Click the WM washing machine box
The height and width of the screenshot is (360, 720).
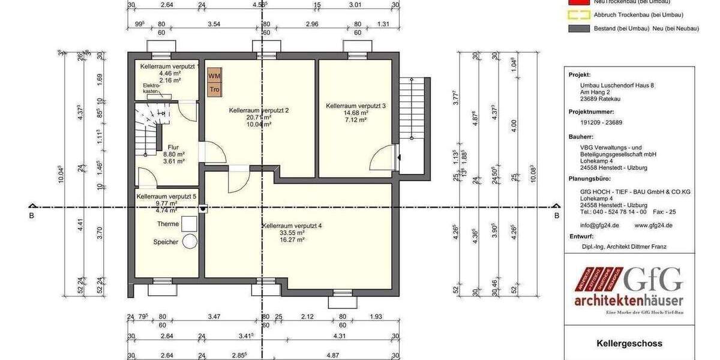[x=214, y=76]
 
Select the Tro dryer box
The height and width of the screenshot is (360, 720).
[x=214, y=90]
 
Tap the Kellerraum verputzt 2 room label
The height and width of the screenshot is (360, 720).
[x=259, y=110]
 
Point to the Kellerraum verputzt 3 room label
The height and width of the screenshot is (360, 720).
[x=356, y=106]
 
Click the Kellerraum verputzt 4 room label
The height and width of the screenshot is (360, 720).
[x=292, y=226]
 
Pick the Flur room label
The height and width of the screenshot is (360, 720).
[x=173, y=146]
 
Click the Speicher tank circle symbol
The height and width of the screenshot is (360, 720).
[x=190, y=241]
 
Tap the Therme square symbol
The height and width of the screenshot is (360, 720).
[x=190, y=223]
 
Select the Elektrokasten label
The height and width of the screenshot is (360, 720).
[x=151, y=88]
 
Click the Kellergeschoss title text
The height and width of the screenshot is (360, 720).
[x=629, y=344]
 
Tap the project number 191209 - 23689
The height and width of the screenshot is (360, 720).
[x=597, y=122]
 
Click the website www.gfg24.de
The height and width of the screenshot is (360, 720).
[x=653, y=226]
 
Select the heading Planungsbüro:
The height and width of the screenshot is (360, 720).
[x=590, y=179]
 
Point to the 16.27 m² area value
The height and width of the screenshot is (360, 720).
[x=292, y=239]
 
